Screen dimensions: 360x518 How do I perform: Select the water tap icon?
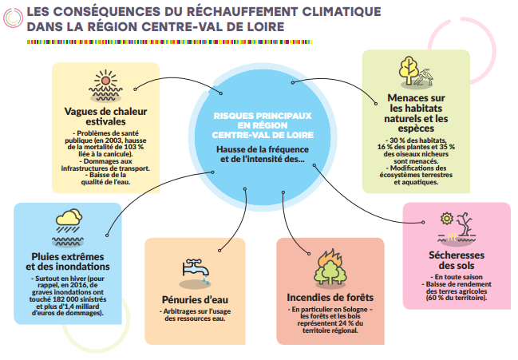196,271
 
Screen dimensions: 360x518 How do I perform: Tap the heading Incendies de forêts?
330,298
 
